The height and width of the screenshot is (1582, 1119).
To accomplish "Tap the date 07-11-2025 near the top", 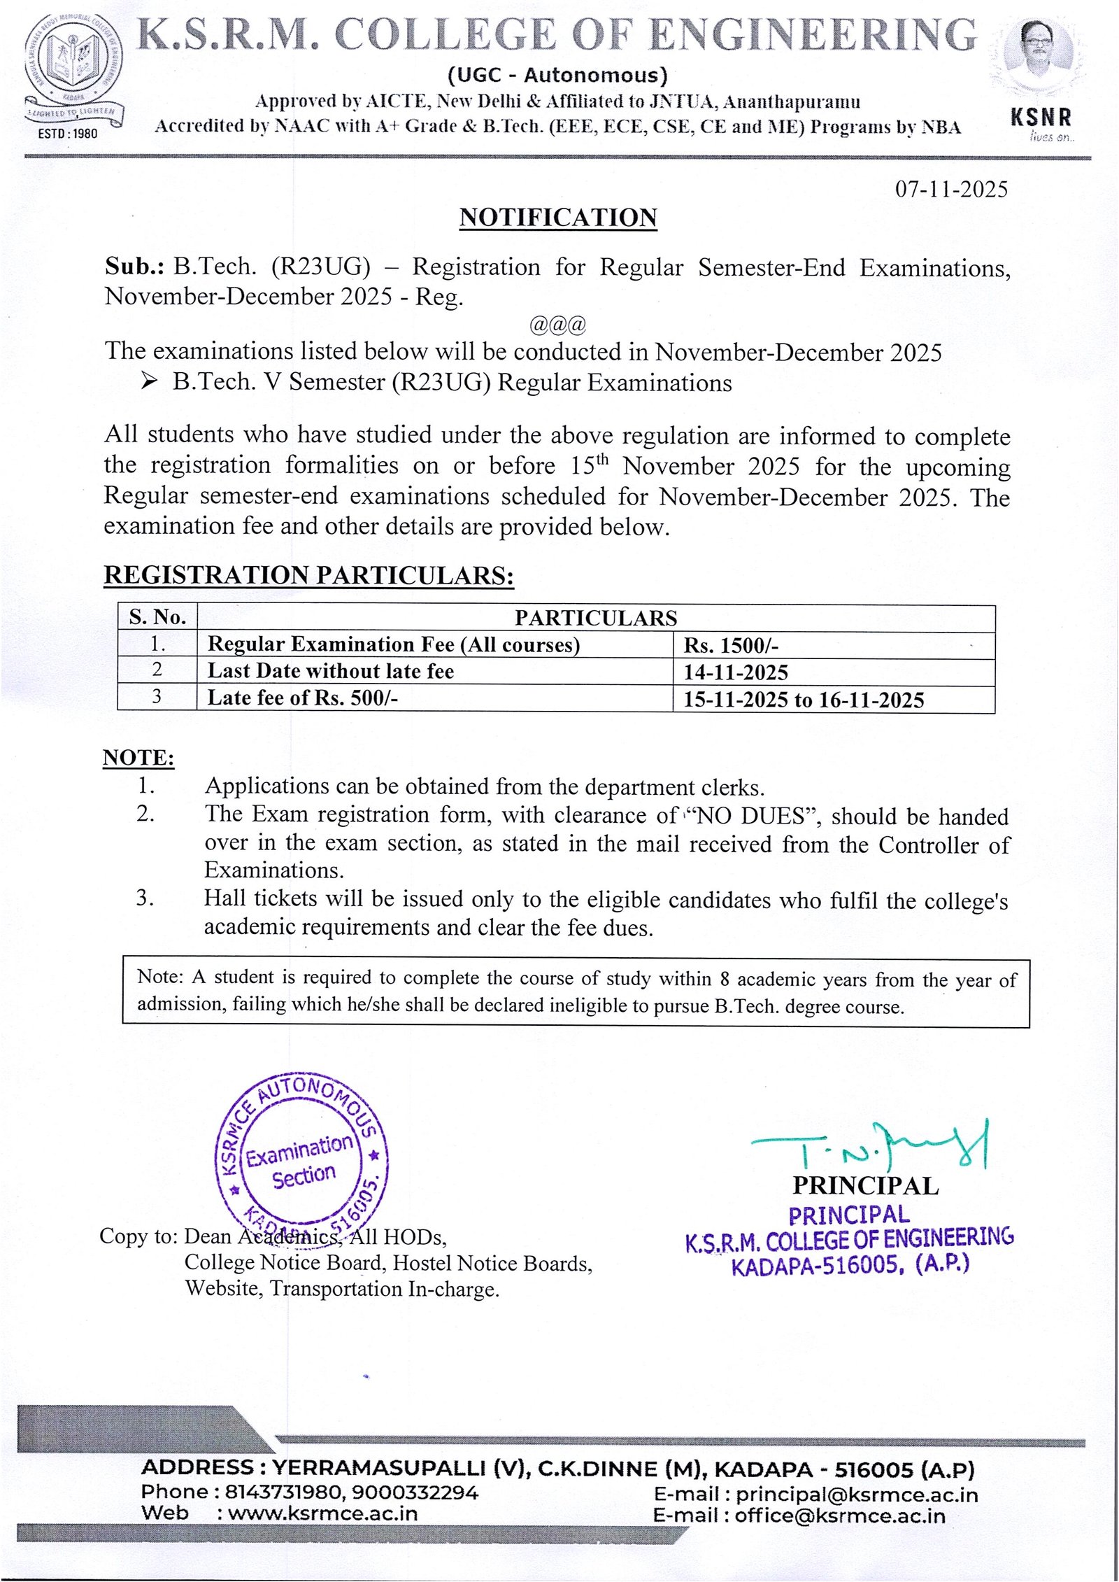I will point(951,190).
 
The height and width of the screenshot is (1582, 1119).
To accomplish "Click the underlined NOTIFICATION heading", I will point(558,218).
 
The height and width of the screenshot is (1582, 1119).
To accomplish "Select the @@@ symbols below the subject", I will point(557,325).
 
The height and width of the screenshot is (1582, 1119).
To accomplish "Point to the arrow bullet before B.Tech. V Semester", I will point(148,381).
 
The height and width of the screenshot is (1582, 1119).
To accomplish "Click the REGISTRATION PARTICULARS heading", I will point(308,575).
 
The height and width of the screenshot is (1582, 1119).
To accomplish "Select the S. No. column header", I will point(157,617).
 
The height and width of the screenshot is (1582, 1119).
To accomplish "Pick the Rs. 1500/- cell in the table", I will point(731,645).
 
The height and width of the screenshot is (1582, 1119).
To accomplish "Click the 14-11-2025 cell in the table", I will point(736,672).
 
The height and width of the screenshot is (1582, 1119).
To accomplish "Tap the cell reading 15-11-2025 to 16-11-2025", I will point(804,700).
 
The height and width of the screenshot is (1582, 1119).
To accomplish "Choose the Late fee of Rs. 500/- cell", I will point(303,698).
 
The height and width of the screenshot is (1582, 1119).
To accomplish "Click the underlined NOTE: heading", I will point(138,758).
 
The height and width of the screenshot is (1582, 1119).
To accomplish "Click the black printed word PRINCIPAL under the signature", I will point(865,1187).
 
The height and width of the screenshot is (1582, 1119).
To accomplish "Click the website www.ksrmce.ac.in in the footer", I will point(322,1513).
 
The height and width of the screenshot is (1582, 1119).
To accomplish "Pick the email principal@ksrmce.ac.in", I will point(856,1495).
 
